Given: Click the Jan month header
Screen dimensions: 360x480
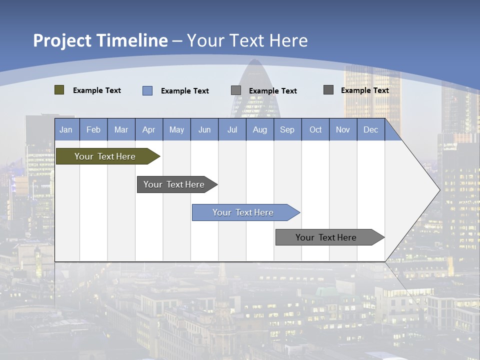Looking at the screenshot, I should click(66, 129).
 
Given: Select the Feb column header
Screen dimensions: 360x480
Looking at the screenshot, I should click(93, 129).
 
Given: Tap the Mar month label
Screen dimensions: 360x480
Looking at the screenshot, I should click(121, 129).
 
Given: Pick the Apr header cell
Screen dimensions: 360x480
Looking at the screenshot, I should click(149, 129).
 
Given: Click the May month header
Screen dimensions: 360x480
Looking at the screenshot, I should click(176, 129).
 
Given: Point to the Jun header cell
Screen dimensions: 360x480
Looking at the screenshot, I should click(204, 129).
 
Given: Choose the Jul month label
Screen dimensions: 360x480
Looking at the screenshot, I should click(232, 129).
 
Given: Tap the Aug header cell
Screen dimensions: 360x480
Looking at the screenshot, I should click(260, 129).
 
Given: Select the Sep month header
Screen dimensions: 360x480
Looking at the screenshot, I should click(287, 129).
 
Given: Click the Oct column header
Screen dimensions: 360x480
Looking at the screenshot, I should click(315, 129).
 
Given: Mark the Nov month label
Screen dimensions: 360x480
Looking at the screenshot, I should click(343, 129).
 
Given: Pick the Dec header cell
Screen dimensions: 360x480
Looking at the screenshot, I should click(371, 129).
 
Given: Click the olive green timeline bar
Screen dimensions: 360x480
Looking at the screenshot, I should click(105, 156).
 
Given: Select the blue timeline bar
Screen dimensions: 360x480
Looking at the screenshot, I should click(243, 212).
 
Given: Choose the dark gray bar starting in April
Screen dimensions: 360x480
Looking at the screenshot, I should click(174, 184).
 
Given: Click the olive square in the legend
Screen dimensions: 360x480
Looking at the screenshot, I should click(59, 90).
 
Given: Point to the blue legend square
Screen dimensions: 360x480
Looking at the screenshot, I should click(147, 90).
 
